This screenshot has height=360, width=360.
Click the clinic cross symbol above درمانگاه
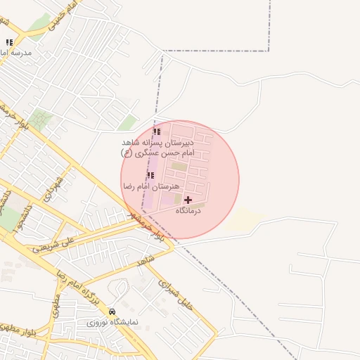point(188,200)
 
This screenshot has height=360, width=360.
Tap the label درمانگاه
point(188,210)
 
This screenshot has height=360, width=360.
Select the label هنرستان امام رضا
point(151,186)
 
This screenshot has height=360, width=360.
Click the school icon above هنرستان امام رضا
point(150,175)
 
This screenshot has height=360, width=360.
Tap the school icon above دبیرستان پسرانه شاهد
point(157,131)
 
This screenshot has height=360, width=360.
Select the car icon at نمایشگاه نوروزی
point(112,311)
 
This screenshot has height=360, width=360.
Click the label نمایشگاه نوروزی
point(112,322)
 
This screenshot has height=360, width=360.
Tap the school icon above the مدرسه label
point(9,43)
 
